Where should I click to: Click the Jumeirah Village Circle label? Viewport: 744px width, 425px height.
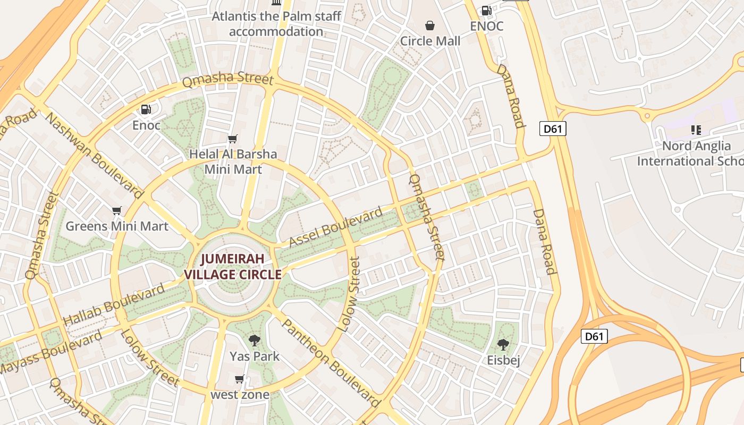pos(232,267)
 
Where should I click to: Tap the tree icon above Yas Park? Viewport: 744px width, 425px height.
pos(255,341)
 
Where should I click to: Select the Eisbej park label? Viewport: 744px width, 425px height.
pos(503,360)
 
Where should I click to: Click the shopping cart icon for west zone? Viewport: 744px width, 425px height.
pos(240,379)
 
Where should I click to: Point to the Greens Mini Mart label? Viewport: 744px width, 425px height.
pos(117,226)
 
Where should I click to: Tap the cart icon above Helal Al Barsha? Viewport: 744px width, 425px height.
pos(232,139)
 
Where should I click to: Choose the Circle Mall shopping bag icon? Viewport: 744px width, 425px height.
pos(430,25)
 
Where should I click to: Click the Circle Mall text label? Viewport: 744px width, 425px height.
pos(430,41)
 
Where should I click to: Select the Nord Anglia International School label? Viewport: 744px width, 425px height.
pos(690,153)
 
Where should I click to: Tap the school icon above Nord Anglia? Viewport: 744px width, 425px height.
pos(696,130)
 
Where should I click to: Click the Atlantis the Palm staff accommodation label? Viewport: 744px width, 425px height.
pos(276,24)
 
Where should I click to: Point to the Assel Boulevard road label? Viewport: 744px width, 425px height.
pos(335,227)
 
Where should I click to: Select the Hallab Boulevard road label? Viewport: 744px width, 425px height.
pos(114,305)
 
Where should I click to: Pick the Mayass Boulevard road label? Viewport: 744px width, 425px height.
pos(51,353)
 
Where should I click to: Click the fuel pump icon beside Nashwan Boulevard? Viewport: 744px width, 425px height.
pos(146,109)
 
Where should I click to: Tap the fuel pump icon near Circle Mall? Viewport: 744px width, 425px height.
pos(486,10)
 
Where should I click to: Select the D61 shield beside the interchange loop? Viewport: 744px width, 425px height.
pos(594,336)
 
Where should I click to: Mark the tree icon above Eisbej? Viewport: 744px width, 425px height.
pos(503,345)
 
